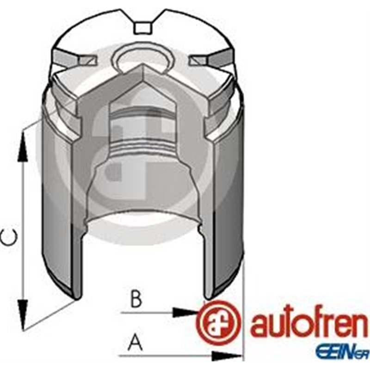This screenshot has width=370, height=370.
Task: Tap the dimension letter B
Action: [136, 299]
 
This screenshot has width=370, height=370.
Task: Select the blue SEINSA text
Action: [342, 353]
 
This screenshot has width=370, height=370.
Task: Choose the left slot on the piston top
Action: [81, 60]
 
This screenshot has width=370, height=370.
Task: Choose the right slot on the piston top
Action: [206, 60]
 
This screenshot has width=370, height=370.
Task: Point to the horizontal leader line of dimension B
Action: [148, 313]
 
